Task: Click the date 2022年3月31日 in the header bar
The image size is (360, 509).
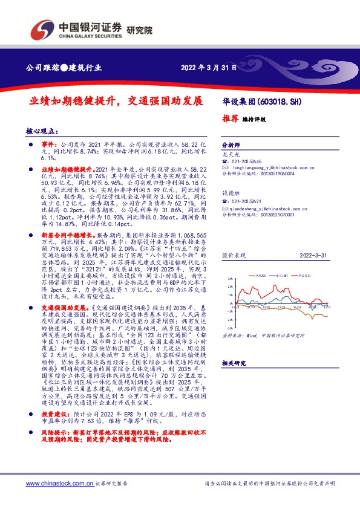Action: [208, 67]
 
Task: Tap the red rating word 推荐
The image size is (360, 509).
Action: [231, 119]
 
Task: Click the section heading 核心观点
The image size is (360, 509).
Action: [42, 130]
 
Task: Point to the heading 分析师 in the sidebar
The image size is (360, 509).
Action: [231, 146]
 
